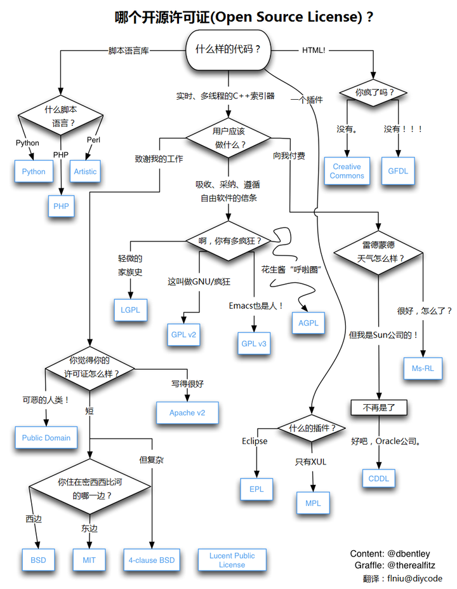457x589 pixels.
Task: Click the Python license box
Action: coord(34,172)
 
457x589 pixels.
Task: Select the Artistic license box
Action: coord(85,172)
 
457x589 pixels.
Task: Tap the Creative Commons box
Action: coord(347,171)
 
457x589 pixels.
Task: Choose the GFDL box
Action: coord(398,171)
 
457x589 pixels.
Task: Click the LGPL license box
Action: coord(130,310)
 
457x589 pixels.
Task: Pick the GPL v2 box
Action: coord(183,334)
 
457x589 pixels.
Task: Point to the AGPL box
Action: coord(308,323)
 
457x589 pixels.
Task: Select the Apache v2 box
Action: coord(187,413)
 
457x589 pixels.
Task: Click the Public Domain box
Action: coord(46,438)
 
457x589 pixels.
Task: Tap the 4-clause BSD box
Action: coord(152,560)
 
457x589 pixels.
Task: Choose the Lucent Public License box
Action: coord(232,560)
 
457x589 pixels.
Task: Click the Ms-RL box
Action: coord(423,368)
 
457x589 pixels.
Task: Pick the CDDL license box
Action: coord(379,478)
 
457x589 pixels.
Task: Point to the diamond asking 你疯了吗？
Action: coord(374,92)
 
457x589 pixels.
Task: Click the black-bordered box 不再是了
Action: coord(378,407)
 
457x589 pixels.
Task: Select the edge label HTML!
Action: coord(313,50)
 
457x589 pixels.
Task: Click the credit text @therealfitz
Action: coord(420,565)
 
